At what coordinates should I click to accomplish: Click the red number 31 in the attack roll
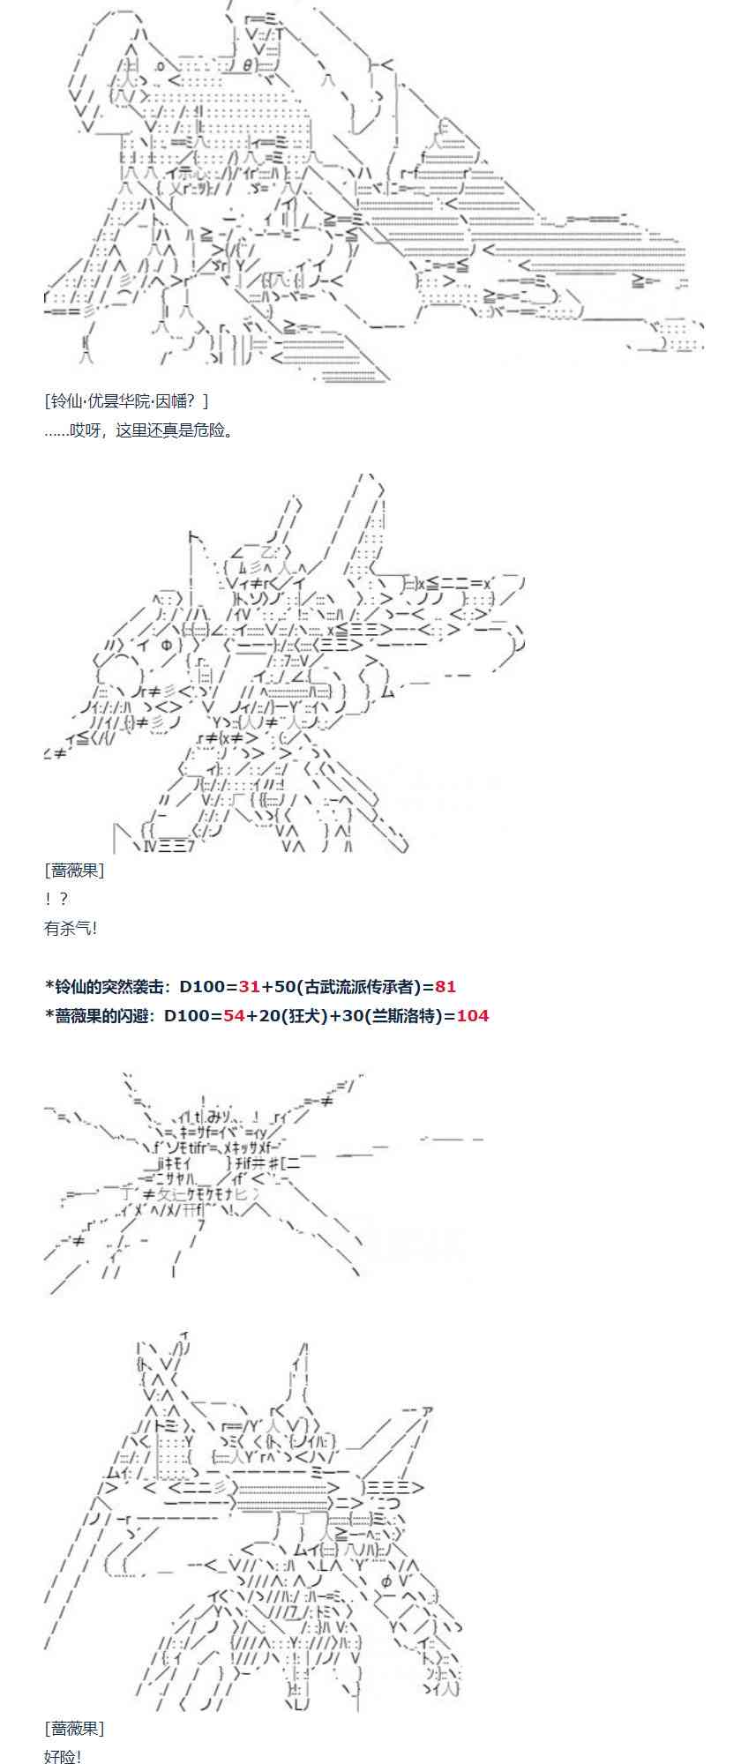pos(249,987)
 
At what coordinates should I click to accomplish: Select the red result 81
pos(445,987)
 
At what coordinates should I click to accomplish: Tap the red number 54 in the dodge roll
pos(234,1015)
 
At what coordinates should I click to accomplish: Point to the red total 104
pos(473,1015)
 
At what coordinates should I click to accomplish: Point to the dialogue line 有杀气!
pos(71,928)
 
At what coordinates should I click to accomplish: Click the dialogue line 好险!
pos(63,1755)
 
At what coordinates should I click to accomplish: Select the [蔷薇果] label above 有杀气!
pos(74,871)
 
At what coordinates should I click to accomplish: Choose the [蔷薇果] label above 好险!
pos(74,1728)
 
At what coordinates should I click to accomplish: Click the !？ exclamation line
pos(56,899)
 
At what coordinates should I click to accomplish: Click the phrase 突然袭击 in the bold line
pos(131,987)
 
